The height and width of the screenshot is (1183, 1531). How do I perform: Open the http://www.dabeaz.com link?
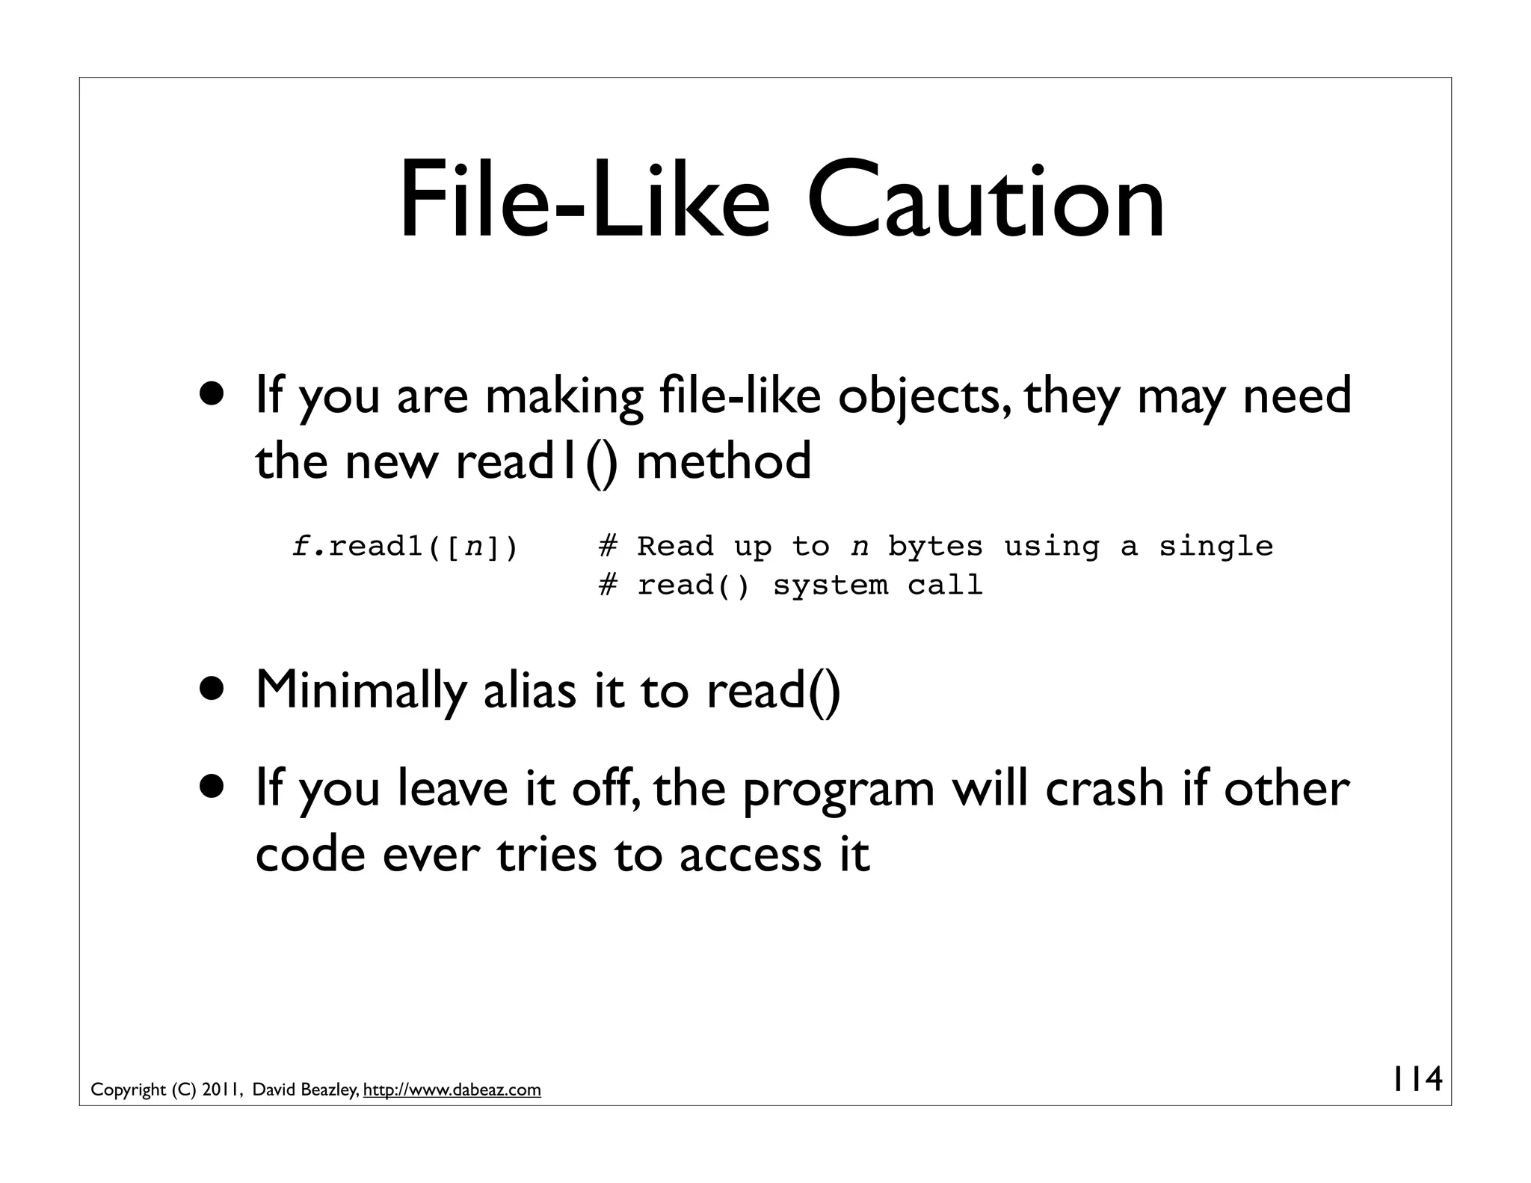[452, 1090]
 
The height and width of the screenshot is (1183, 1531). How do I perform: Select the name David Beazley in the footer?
[306, 1090]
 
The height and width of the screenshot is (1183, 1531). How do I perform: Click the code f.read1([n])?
[404, 547]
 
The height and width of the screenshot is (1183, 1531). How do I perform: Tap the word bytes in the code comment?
[935, 547]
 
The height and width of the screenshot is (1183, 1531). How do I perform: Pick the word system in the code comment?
[831, 586]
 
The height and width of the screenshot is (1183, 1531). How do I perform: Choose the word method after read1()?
[723, 461]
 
